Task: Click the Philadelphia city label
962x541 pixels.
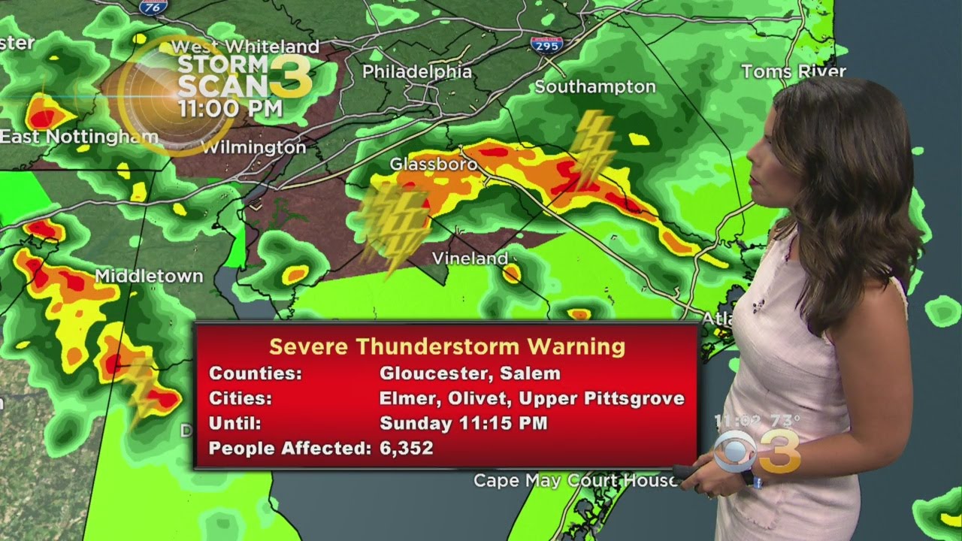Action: click(x=417, y=72)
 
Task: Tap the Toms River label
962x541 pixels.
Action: click(x=793, y=71)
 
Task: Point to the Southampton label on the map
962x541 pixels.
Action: click(x=594, y=87)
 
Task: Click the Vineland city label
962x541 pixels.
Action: click(x=470, y=258)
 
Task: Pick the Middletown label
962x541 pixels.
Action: click(x=149, y=277)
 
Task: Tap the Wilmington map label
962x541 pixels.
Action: click(x=254, y=147)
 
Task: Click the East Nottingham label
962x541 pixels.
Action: click(x=79, y=137)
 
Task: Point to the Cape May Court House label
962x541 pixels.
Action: click(x=575, y=481)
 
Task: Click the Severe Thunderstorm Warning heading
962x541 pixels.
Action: click(x=447, y=346)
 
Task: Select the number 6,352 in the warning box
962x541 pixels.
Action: click(x=407, y=448)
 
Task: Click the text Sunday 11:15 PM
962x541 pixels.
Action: click(x=463, y=423)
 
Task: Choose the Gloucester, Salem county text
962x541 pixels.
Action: click(x=470, y=373)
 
